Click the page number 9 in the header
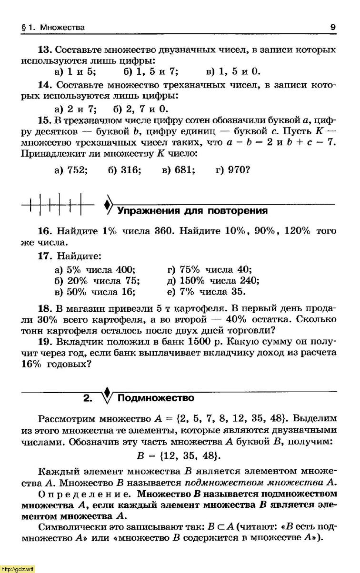tap(333, 28)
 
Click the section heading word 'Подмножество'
tap(156, 398)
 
